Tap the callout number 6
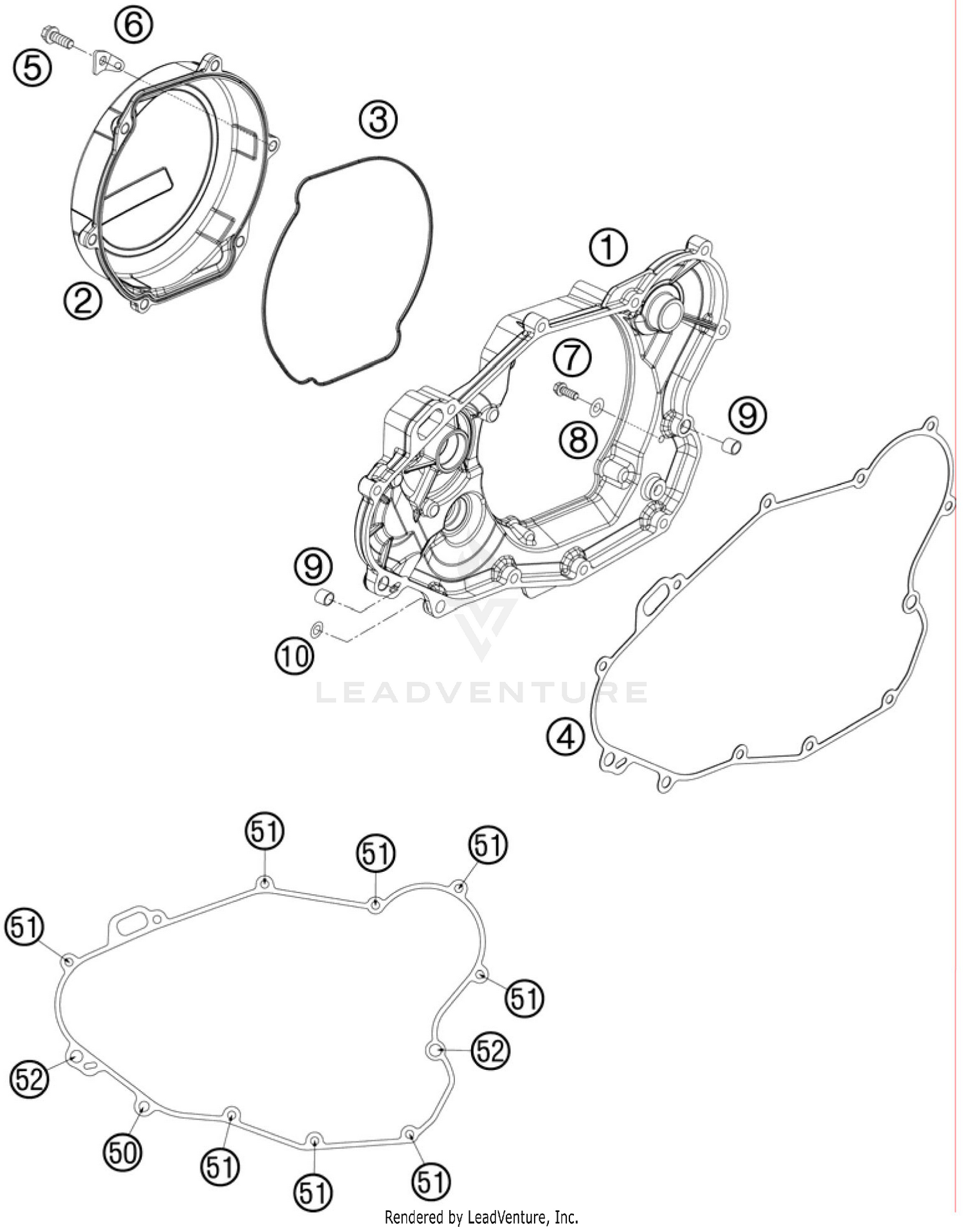point(134,26)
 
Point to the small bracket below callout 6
point(107,62)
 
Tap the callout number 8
point(578,440)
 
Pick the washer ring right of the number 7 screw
point(596,405)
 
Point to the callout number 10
point(295,656)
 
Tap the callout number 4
point(566,737)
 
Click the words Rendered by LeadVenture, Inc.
point(481,1217)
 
